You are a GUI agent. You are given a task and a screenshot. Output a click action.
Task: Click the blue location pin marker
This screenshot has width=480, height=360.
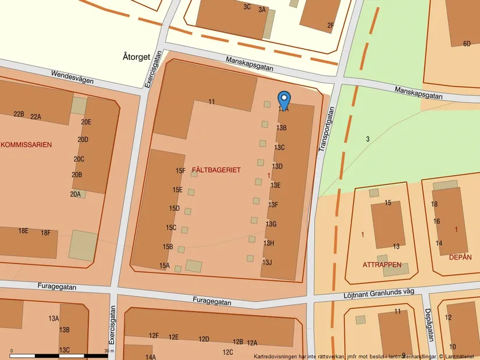[284, 99]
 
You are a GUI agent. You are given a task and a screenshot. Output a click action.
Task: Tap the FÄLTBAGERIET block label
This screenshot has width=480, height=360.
[216, 170]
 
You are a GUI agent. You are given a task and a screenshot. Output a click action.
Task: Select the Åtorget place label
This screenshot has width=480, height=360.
[137, 57]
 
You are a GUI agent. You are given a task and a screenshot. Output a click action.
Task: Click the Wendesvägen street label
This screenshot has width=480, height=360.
[72, 77]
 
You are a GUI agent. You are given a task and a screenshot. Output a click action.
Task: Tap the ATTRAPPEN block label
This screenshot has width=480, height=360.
[382, 265]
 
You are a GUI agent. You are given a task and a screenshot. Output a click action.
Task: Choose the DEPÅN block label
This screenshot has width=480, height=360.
[460, 257]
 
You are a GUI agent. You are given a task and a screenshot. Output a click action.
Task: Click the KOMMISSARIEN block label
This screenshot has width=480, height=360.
[26, 145]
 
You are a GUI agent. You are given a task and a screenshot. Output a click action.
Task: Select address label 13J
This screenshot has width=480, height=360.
[266, 263]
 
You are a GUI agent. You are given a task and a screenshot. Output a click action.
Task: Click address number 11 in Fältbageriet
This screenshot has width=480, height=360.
[212, 102]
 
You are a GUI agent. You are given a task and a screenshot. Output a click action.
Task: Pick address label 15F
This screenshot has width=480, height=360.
[180, 171]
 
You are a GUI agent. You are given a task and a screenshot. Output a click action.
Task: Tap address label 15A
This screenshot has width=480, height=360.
[164, 266]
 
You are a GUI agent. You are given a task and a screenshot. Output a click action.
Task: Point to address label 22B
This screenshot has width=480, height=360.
[19, 114]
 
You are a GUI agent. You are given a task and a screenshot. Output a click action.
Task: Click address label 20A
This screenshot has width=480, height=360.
[76, 194]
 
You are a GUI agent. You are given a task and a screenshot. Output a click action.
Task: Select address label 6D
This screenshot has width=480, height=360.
[467, 44]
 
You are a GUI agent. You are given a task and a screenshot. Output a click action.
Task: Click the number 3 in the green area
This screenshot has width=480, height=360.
[368, 139]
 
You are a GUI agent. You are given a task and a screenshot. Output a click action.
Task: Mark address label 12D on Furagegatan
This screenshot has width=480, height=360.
[204, 339]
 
